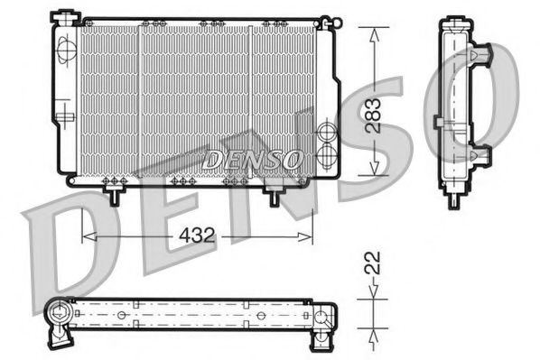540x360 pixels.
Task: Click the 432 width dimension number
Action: pos(195,236)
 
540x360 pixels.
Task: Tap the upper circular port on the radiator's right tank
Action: pos(328,134)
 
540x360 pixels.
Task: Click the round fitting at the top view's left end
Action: pos(59,316)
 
